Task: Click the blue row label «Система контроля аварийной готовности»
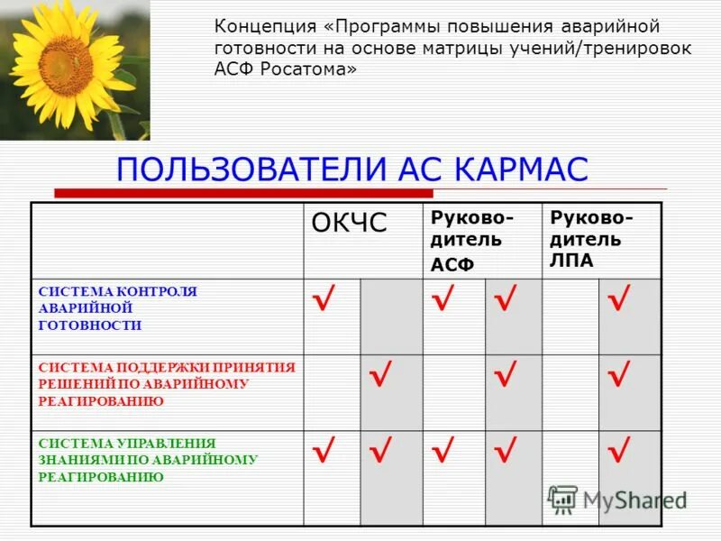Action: (117, 308)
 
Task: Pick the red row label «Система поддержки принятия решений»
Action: (167, 383)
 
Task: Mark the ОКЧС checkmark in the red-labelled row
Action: (381, 373)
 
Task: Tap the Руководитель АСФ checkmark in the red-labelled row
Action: (506, 373)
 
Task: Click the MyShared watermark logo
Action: (617, 499)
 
